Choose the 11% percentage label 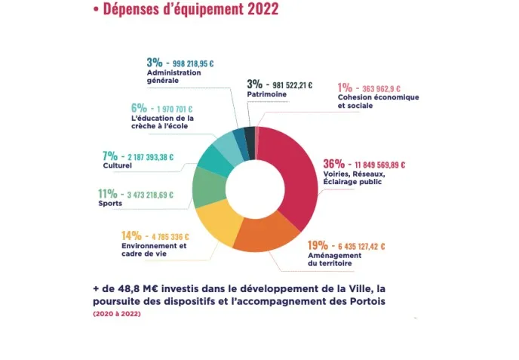coord(108,193)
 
